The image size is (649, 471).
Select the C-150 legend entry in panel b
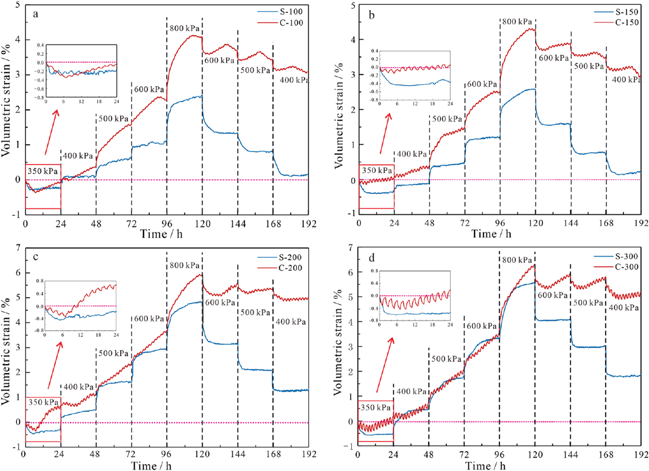(627, 22)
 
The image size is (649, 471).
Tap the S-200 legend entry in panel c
(290, 257)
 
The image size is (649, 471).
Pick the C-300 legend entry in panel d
(627, 267)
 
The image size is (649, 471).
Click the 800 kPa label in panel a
(184, 28)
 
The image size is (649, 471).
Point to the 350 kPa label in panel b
(377, 170)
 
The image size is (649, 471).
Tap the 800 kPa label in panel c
(184, 265)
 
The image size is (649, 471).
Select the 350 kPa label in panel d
(375, 407)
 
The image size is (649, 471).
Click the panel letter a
(35, 14)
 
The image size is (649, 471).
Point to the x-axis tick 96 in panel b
(500, 223)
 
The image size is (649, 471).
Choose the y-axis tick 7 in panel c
(19, 248)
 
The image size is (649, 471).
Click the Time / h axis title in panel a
(161, 234)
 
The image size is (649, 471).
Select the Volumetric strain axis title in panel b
(339, 114)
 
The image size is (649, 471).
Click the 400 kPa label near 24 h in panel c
(78, 387)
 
